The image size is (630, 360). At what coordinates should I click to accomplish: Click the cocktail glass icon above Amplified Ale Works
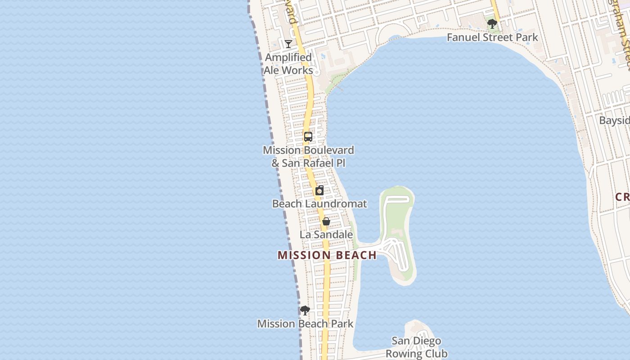coord(288,44)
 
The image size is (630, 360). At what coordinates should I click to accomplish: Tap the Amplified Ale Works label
coord(288,64)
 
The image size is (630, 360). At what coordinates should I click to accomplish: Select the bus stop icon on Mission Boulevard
coord(308,137)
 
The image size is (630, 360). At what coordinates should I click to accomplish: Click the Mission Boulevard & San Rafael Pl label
coord(308,156)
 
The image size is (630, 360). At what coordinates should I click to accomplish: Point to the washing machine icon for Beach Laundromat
coord(319,190)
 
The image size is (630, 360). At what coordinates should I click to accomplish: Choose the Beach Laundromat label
coord(319,204)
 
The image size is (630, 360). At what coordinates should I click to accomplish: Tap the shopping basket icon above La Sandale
coord(326,221)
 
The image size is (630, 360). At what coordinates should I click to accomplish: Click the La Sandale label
coord(326,234)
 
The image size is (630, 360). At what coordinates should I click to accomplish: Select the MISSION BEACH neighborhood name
coord(327,255)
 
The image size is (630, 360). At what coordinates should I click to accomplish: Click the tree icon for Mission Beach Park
coord(305,310)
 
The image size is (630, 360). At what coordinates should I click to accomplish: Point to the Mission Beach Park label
coord(305,324)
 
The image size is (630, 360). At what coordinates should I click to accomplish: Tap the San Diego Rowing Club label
coord(416,347)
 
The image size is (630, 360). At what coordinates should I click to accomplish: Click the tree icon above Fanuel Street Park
coord(492,23)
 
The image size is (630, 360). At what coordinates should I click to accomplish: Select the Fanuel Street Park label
coord(492,37)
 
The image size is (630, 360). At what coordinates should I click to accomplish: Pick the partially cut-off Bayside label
coord(614,121)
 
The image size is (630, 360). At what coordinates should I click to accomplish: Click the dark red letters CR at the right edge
coord(622,197)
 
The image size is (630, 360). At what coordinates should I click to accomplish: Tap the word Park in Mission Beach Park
coord(341,324)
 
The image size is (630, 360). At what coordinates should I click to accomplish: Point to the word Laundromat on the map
coord(336,204)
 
